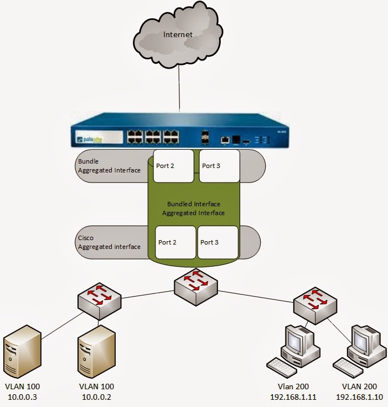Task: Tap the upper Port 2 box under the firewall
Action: click(173, 166)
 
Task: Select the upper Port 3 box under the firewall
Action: click(219, 166)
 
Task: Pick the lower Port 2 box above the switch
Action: click(175, 242)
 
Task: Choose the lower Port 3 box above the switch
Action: click(218, 242)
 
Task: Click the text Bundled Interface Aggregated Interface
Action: click(193, 208)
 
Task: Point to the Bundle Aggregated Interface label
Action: click(109, 166)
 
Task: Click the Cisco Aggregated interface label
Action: click(109, 242)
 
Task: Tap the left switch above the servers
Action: click(100, 302)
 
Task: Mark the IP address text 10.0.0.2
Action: click(96, 397)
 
